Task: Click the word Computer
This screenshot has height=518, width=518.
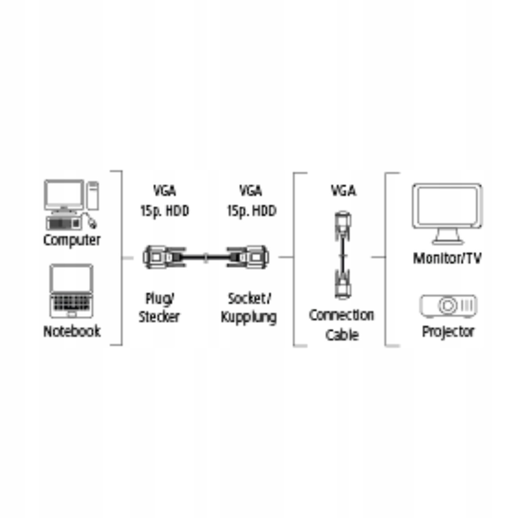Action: click(72, 240)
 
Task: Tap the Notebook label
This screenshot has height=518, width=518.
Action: click(72, 331)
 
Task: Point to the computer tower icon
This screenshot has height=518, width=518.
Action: click(93, 195)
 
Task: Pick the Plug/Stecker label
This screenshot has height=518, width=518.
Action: click(159, 308)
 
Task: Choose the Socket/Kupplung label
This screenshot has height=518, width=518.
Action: click(249, 308)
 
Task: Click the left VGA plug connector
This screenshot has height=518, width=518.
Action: click(159, 257)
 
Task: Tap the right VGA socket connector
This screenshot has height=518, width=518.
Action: click(250, 257)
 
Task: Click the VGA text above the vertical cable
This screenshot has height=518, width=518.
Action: click(343, 191)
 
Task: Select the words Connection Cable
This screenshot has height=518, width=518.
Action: click(341, 325)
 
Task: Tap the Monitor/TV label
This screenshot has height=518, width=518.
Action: click(447, 259)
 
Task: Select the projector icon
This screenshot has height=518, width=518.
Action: click(448, 306)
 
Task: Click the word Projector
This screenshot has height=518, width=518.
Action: click(448, 332)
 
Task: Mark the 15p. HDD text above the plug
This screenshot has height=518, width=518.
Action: click(164, 210)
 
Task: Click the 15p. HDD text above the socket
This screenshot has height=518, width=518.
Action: click(251, 210)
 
